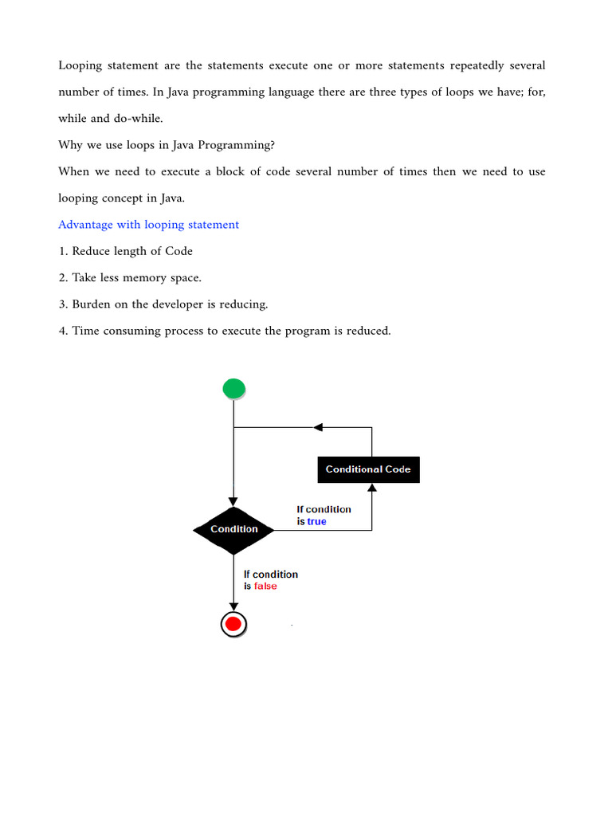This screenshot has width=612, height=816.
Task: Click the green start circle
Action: pos(233,389)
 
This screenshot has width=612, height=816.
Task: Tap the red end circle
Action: pos(233,624)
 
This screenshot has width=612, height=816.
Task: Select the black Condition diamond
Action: pos(233,529)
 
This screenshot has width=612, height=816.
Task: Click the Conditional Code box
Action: pos(368,469)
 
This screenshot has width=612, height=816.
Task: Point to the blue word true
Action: pos(316,521)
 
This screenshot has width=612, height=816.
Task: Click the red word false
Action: pos(265,586)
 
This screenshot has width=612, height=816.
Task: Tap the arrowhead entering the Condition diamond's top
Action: pos(233,501)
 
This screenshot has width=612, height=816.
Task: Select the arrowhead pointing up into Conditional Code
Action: pos(372,487)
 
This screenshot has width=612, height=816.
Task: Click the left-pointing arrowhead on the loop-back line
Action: pos(318,427)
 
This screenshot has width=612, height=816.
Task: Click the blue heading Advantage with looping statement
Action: pos(148,225)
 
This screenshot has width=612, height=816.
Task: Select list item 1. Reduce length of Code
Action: pos(125,251)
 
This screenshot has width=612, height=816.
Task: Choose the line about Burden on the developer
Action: pos(163,304)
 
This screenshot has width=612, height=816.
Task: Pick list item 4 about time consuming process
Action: pos(224,330)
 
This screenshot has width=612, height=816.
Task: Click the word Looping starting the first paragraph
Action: pos(81,65)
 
